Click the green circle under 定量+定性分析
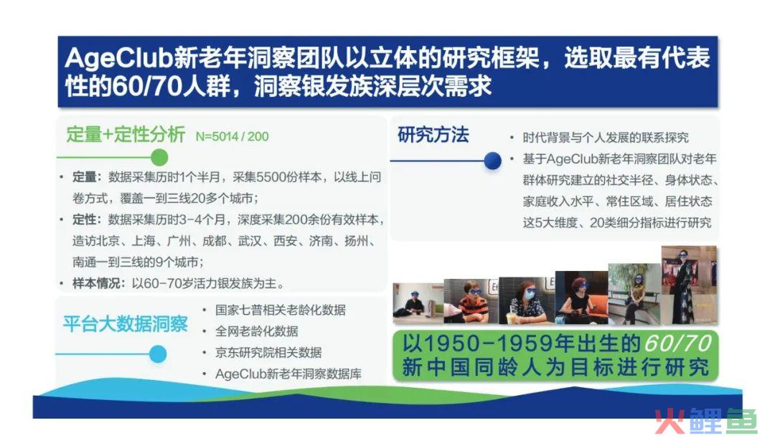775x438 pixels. point(159,158)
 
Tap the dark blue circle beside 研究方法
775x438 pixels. point(492,161)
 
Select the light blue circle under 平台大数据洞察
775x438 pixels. point(158,354)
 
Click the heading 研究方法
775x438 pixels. point(433,134)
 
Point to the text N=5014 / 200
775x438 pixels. point(232,137)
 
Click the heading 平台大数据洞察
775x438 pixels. point(126,324)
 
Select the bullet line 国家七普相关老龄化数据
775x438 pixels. point(281,310)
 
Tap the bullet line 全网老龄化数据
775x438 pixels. point(256,331)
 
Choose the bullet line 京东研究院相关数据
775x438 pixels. point(268,353)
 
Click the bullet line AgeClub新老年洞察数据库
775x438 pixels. point(288,373)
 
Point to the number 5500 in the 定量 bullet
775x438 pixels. point(271,177)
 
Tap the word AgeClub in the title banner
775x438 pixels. point(118,58)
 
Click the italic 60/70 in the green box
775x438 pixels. point(677,343)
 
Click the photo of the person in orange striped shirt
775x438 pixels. point(471,301)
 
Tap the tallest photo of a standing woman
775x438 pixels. point(689,285)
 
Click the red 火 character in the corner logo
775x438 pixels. point(670,421)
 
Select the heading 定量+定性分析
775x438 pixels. point(126,134)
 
